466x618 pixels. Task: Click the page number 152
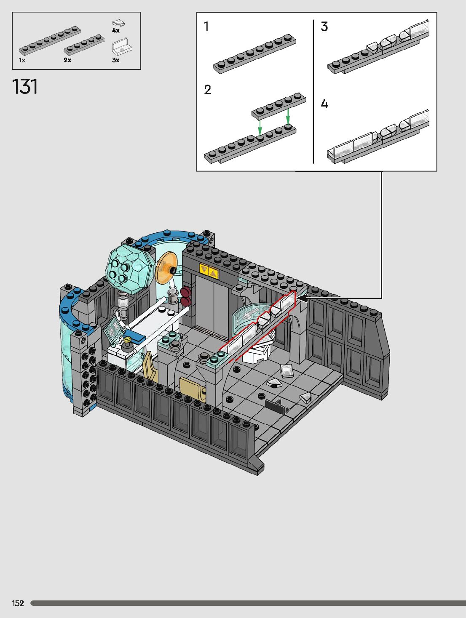click(x=18, y=603)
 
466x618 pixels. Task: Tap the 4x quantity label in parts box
click(x=116, y=30)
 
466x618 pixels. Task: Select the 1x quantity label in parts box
click(x=22, y=60)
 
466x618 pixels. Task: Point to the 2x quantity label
click(x=67, y=60)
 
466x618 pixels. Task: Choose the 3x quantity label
click(x=116, y=60)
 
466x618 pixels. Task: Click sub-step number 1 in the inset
click(x=206, y=27)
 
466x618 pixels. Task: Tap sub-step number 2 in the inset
click(x=208, y=90)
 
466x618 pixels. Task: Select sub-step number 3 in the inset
click(x=324, y=27)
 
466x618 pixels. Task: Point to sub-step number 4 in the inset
click(x=324, y=104)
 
